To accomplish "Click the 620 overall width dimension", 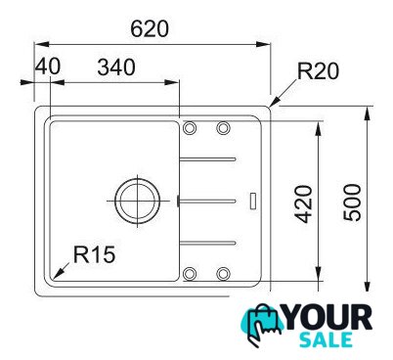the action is tap(150, 28).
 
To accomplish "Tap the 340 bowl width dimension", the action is tap(116, 67).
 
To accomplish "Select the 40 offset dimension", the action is tap(48, 67).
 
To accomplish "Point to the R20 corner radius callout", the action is tap(318, 71).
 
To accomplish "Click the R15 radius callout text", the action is tap(94, 254).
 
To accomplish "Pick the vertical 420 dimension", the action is tap(303, 203).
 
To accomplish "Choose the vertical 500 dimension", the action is tap(353, 202).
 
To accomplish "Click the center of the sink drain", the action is tap(137, 201).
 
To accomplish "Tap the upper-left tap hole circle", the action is tap(190, 128).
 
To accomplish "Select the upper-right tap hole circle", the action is tap(223, 128).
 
